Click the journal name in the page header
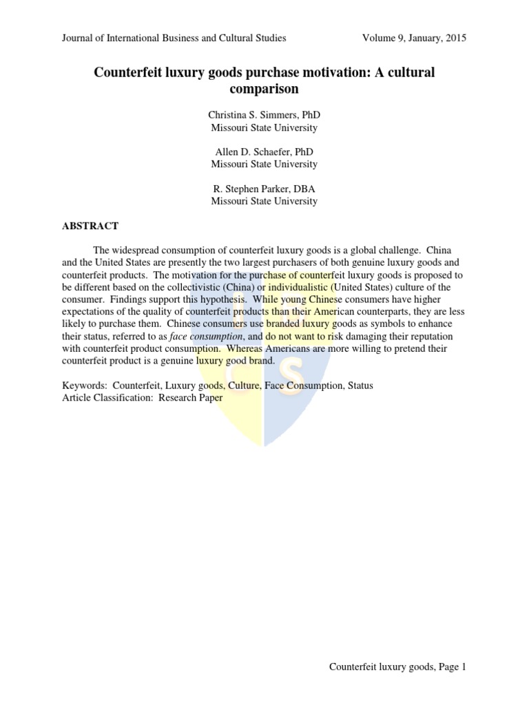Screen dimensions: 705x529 point(174,39)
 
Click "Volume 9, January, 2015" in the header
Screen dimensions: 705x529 point(414,39)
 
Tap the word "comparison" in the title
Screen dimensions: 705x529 point(264,89)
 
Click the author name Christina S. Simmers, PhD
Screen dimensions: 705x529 point(264,115)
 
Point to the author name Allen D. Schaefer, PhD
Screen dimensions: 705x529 point(264,152)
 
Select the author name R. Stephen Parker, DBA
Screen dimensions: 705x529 point(264,189)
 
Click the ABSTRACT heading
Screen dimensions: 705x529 point(90,226)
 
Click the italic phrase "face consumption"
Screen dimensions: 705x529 point(216,336)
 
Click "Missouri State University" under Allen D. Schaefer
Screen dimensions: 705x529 point(264,165)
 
